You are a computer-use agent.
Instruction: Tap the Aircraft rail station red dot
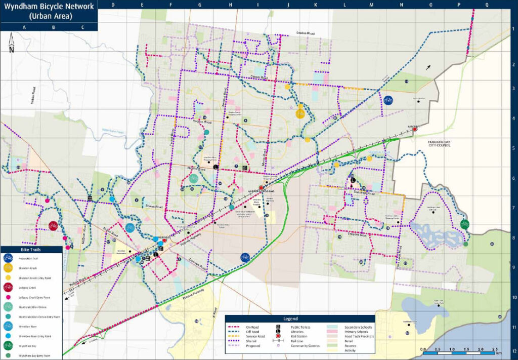coord(415,130)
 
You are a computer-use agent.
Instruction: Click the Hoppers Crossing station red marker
coord(261,188)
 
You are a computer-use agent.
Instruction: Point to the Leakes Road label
coord(306,33)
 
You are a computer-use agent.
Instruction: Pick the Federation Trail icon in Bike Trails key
coord(9,258)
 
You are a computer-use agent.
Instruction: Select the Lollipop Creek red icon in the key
coord(9,287)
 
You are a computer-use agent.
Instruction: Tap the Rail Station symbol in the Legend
coord(278,335)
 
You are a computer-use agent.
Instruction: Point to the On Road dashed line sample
coord(234,328)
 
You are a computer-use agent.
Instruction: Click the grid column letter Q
coord(487,5)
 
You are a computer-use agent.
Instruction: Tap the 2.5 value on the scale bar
coord(498,349)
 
